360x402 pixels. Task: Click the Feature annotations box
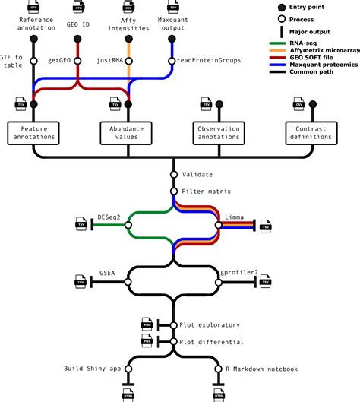(x=32, y=134)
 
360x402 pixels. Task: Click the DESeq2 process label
(x=109, y=217)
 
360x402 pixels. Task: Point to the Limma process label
(x=234, y=217)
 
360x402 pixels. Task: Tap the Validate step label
(x=197, y=175)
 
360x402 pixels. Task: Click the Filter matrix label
(x=207, y=190)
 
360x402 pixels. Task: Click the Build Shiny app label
(x=93, y=369)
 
